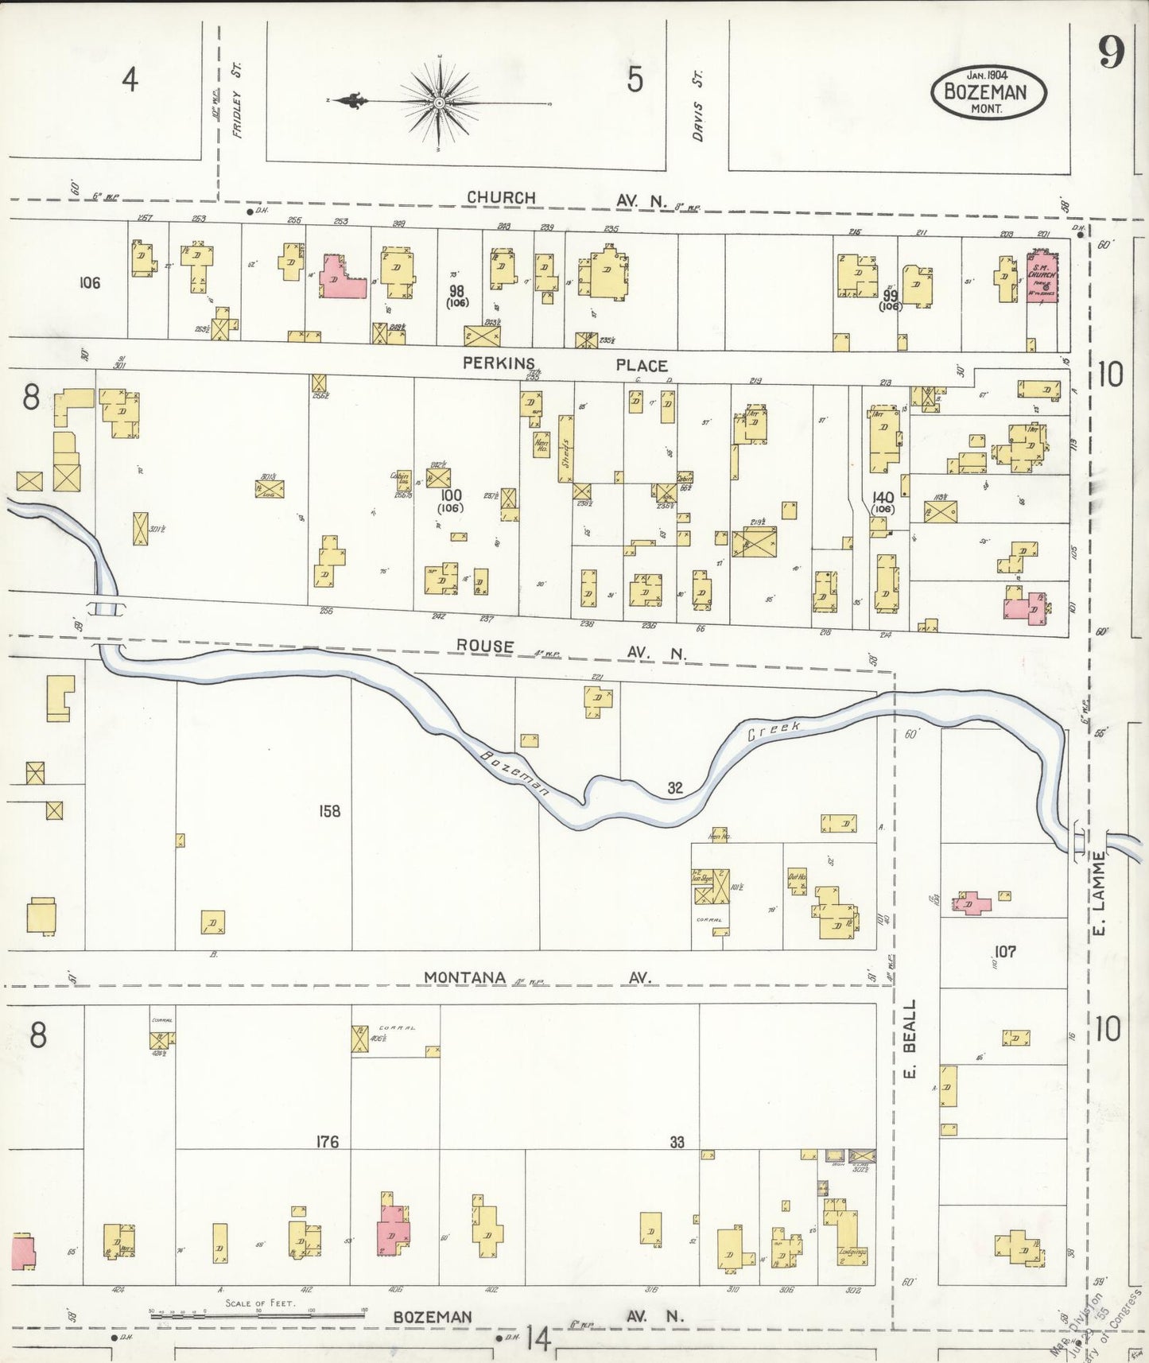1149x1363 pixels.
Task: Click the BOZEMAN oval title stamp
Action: tap(988, 91)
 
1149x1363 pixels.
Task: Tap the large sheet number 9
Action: tap(1111, 54)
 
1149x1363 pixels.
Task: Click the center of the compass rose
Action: tap(439, 103)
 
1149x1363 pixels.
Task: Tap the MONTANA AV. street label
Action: tap(537, 977)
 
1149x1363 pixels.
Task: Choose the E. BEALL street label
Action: tap(910, 1039)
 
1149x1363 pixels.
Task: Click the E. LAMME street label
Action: tap(1098, 893)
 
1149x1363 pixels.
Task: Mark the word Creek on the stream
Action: tap(773, 730)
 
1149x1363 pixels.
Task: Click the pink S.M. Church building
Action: tap(1043, 277)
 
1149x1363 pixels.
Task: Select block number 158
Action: tap(329, 811)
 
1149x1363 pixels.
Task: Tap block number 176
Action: tap(327, 1142)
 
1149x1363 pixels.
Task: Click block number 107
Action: tap(1005, 951)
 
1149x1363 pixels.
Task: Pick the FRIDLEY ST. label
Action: tap(236, 103)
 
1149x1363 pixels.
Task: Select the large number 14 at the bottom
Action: tap(538, 1339)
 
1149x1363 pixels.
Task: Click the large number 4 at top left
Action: tap(130, 80)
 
